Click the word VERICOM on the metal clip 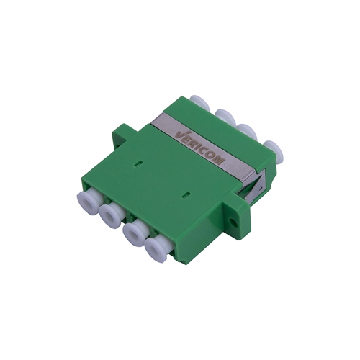click(200, 148)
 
